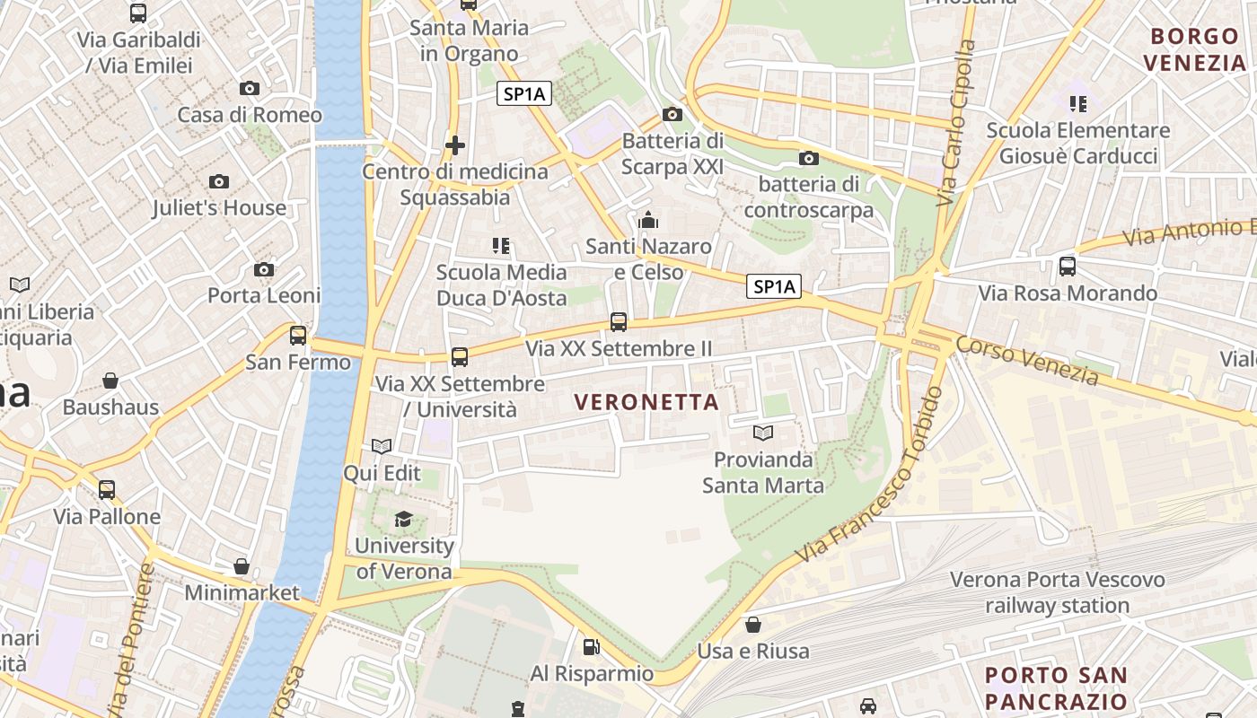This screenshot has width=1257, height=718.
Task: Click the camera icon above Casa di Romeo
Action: click(x=250, y=88)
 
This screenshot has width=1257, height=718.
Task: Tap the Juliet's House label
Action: click(x=219, y=207)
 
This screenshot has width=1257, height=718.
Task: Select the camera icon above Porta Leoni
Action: click(x=264, y=270)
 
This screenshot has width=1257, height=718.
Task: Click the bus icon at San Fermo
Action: click(x=298, y=336)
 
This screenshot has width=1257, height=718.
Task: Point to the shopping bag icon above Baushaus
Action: click(x=110, y=381)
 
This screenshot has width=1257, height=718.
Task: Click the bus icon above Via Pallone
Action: click(x=107, y=490)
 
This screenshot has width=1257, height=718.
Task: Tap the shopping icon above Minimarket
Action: click(x=242, y=566)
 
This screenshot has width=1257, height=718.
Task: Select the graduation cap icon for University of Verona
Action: click(x=403, y=519)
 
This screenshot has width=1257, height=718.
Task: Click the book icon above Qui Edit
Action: click(x=382, y=446)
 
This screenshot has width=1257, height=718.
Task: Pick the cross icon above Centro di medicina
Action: click(x=455, y=144)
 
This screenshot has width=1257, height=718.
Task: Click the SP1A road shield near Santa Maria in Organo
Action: click(x=523, y=93)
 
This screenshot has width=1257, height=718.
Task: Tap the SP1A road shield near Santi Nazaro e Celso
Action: click(x=774, y=286)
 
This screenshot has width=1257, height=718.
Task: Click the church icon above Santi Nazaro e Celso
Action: click(x=648, y=220)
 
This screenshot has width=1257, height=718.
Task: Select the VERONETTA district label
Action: click(x=647, y=403)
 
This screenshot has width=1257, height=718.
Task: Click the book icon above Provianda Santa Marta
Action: click(x=763, y=433)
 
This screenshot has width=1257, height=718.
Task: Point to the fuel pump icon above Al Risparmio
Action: click(x=592, y=646)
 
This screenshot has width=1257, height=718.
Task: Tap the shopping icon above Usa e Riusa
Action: click(x=753, y=624)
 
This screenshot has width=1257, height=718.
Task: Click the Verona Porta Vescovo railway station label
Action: click(x=1057, y=592)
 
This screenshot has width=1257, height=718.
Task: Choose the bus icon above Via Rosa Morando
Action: click(x=1068, y=267)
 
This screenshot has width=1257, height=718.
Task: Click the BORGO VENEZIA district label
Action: click(x=1194, y=49)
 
